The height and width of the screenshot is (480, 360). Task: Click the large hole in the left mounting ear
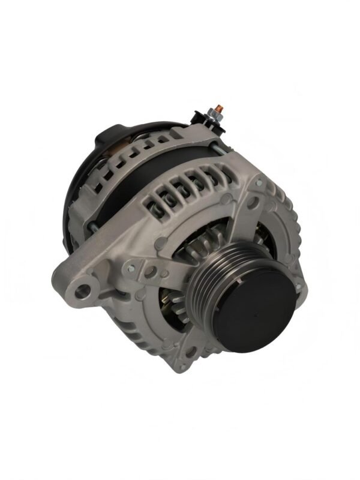83,291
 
